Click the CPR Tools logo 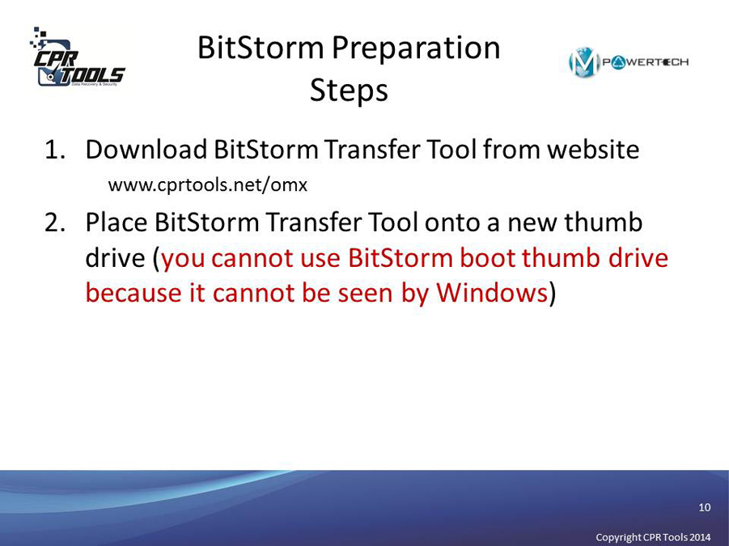click(77, 57)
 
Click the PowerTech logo click(629, 62)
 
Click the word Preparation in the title click(416, 48)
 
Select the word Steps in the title click(349, 90)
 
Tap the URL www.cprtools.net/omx click(208, 185)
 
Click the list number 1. click(54, 150)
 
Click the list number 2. click(55, 222)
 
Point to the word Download click(146, 149)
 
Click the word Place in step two click(117, 222)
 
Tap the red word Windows click(492, 293)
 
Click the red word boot click(488, 258)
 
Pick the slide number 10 click(705, 507)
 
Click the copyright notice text click(653, 537)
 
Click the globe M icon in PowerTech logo click(583, 62)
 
